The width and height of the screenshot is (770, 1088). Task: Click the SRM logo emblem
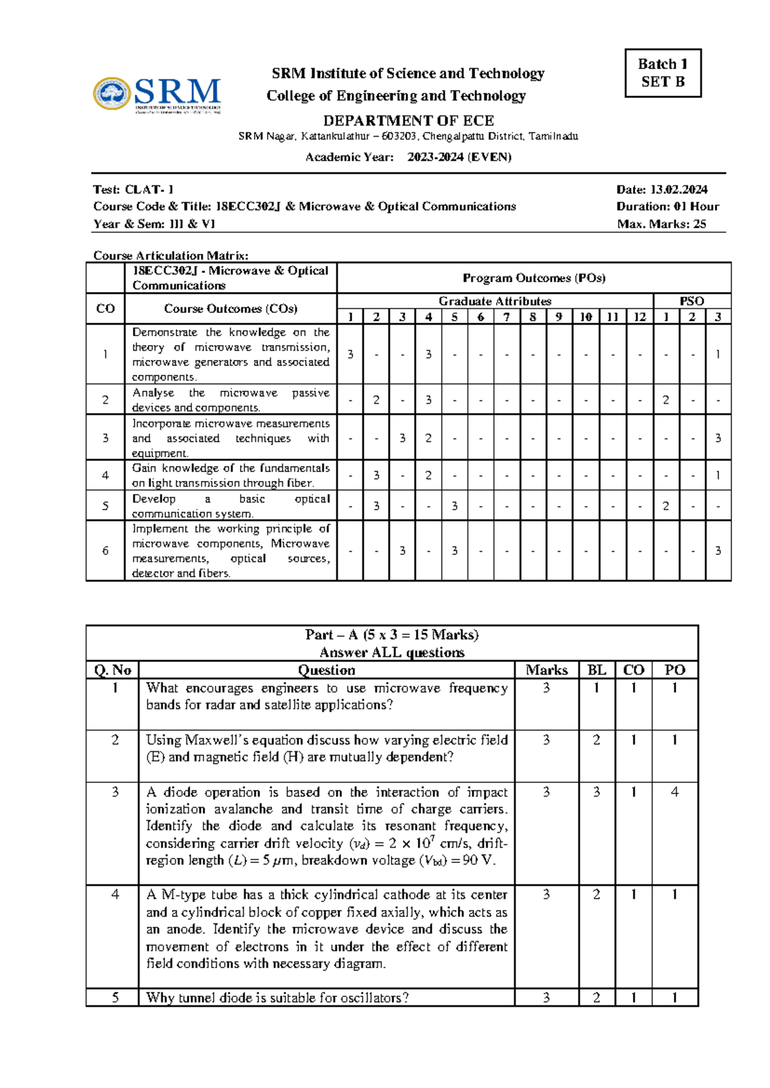click(x=112, y=94)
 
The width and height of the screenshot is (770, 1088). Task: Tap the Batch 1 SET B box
click(x=663, y=73)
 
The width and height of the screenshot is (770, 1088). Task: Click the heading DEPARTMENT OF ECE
click(x=408, y=121)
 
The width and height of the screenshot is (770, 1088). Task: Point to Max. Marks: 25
click(x=661, y=224)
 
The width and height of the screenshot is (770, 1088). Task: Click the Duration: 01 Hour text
click(x=667, y=207)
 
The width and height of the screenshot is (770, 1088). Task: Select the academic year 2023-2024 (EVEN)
click(x=459, y=157)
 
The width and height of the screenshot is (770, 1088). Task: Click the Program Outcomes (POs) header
click(x=534, y=278)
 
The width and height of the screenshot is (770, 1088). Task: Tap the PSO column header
click(x=692, y=301)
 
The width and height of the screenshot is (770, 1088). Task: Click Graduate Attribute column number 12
click(x=639, y=316)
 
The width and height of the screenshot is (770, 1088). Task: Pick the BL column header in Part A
click(x=596, y=670)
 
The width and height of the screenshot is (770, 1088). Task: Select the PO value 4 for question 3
click(x=674, y=792)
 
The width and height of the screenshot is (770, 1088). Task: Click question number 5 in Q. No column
click(x=115, y=998)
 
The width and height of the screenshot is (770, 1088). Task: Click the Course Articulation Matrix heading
click(x=171, y=255)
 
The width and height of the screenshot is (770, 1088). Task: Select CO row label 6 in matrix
click(x=105, y=550)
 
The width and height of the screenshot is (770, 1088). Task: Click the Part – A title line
click(x=391, y=634)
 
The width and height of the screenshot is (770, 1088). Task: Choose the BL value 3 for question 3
click(x=596, y=792)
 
